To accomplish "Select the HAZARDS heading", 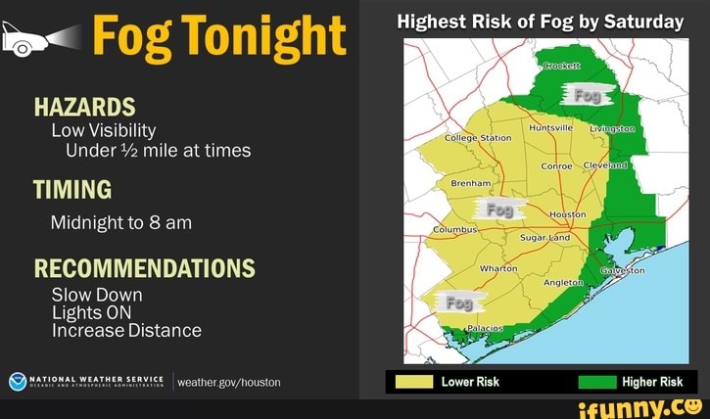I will (x=84, y=107).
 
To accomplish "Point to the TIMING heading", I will (x=72, y=188).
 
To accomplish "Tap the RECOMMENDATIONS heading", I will (x=144, y=268).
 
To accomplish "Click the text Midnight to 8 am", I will (x=120, y=222).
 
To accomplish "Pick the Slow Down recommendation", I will (x=97, y=295).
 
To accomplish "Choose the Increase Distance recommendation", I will (x=126, y=331).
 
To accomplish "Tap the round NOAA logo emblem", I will (x=17, y=382).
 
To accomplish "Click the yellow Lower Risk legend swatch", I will (x=415, y=382).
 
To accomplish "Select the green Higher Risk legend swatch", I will (x=596, y=382).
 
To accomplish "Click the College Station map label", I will (x=478, y=138).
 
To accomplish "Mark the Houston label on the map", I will (x=568, y=213).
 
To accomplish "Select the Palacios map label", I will (x=483, y=327).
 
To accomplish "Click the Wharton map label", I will (x=497, y=267).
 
